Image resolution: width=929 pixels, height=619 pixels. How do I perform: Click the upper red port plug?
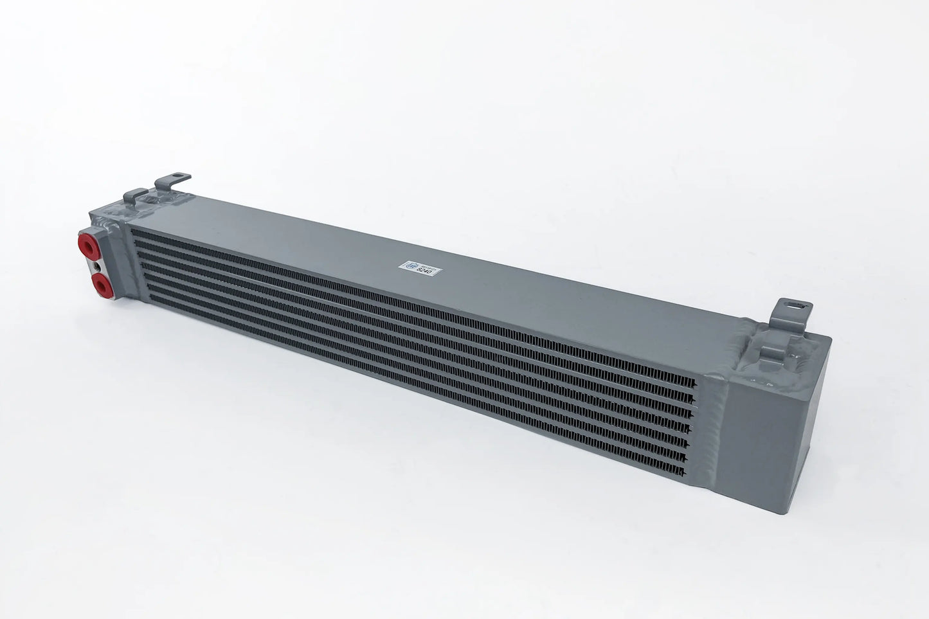[87, 244]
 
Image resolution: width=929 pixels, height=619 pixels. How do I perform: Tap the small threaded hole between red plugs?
[96, 264]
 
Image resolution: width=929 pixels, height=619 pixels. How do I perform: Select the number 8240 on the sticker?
[426, 273]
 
